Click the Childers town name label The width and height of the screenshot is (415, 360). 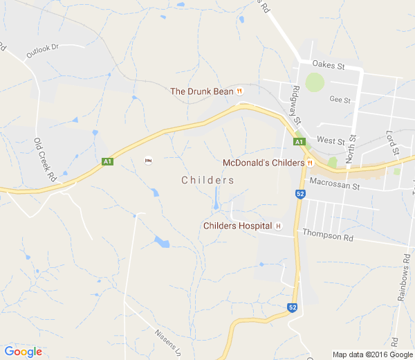(207, 180)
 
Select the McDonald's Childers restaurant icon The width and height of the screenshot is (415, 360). (311, 163)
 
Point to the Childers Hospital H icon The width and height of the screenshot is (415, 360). (279, 226)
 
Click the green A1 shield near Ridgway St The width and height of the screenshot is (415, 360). (299, 142)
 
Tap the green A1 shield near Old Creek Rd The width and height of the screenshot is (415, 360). (107, 161)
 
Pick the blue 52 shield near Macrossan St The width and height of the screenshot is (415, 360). (299, 195)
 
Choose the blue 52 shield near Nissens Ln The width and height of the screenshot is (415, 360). (293, 307)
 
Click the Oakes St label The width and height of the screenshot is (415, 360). (328, 65)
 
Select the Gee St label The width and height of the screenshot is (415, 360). (340, 100)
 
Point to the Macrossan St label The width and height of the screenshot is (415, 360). (335, 186)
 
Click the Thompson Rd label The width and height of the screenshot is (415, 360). (328, 236)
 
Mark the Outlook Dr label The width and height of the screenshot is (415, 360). (44, 51)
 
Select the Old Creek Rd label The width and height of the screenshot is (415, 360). (44, 160)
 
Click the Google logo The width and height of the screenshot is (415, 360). (23, 352)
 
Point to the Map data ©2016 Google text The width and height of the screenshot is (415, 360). (371, 354)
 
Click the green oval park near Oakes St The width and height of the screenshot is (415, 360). (315, 82)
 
